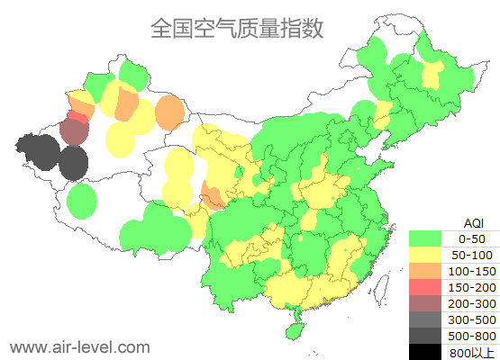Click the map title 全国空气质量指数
237,29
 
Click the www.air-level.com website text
79,346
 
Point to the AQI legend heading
472,222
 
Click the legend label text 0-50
472,238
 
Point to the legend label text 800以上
472,352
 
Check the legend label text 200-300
472,303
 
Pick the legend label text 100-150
472,271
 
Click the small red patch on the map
78,117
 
